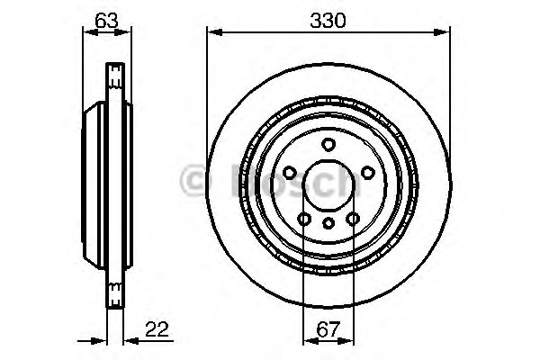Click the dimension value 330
tap(328, 21)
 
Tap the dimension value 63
tap(106, 21)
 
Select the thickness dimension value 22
tap(157, 329)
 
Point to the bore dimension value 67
tap(328, 329)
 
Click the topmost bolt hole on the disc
tap(328, 144)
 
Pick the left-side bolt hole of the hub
tap(290, 173)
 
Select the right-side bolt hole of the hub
tap(368, 173)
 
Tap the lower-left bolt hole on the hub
tap(304, 219)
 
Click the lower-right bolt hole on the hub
tap(353, 219)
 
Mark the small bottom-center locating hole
tap(328, 223)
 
